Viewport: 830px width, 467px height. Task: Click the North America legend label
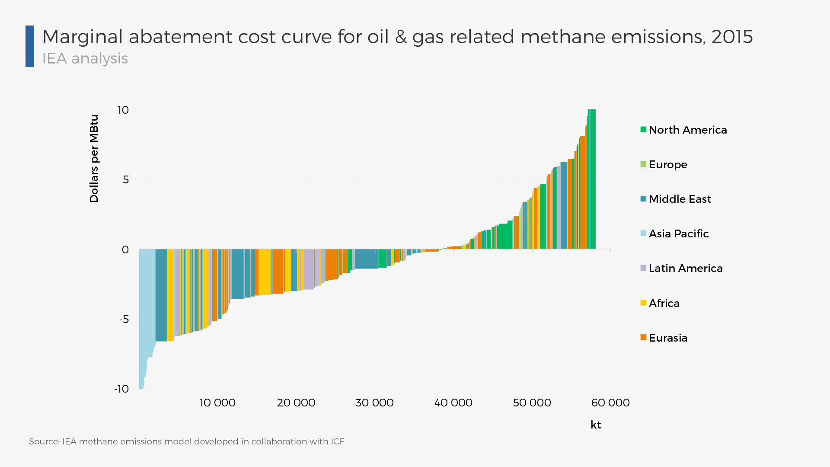(x=687, y=130)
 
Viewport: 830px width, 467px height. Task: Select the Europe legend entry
(x=667, y=164)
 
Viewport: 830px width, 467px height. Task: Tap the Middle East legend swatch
(x=643, y=199)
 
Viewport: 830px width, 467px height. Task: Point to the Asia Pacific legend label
(x=679, y=233)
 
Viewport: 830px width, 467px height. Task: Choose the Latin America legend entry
(x=685, y=268)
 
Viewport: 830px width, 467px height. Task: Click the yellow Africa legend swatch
(x=643, y=303)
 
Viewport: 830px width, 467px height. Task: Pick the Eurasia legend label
(x=668, y=338)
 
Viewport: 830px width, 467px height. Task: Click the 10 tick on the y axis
(x=123, y=110)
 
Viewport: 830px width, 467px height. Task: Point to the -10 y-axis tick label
(x=121, y=389)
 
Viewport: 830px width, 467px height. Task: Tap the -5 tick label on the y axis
(x=124, y=319)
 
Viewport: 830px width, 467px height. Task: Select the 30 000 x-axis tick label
(x=374, y=403)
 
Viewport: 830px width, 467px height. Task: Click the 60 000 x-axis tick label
(x=610, y=403)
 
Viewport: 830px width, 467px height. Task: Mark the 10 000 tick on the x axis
(x=217, y=403)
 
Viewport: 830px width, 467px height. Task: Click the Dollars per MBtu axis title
(x=94, y=158)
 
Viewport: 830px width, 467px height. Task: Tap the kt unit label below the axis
(x=595, y=425)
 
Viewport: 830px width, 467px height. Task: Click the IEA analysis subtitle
(x=85, y=58)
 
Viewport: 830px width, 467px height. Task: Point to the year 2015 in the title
(x=732, y=37)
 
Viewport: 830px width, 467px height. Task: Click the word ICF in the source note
(x=337, y=441)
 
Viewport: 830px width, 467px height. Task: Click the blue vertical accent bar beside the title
(x=30, y=46)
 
